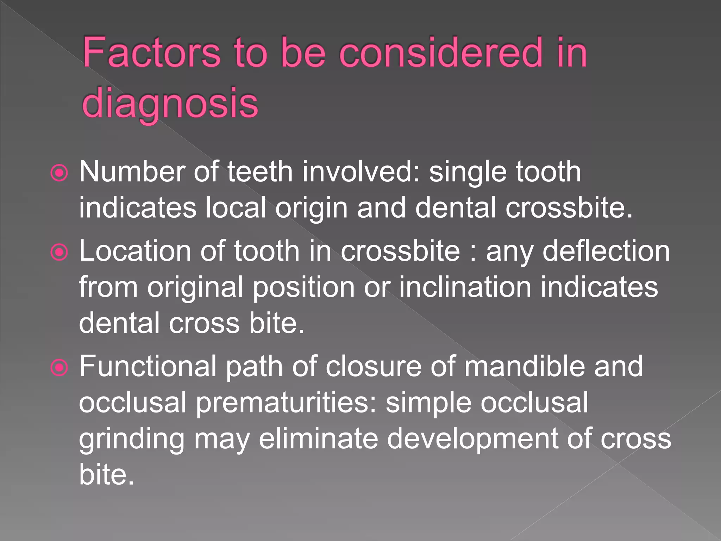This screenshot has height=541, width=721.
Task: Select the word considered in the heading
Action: click(440, 53)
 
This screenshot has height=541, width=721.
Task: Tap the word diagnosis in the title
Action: click(170, 103)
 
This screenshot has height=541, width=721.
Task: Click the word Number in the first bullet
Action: click(132, 172)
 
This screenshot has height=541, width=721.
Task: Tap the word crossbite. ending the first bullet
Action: click(569, 208)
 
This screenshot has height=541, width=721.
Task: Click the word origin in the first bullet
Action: click(312, 209)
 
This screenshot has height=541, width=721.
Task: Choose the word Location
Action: click(135, 251)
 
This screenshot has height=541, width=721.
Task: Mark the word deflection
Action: click(606, 251)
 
